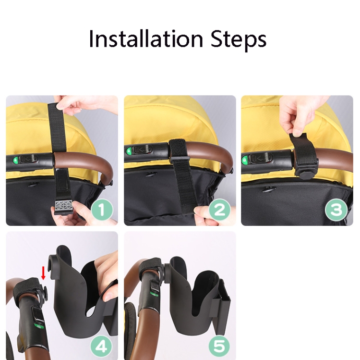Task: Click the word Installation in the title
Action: tap(146, 38)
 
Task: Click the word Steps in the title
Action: tap(238, 40)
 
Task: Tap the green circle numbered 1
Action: tap(102, 210)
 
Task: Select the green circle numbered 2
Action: tap(220, 210)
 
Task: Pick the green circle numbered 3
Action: tap(336, 210)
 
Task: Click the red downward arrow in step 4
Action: tap(43, 273)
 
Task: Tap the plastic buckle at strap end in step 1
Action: tap(63, 207)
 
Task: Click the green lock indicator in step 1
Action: tap(15, 160)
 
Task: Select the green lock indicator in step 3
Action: tap(245, 159)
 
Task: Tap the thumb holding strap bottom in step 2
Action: tap(202, 211)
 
